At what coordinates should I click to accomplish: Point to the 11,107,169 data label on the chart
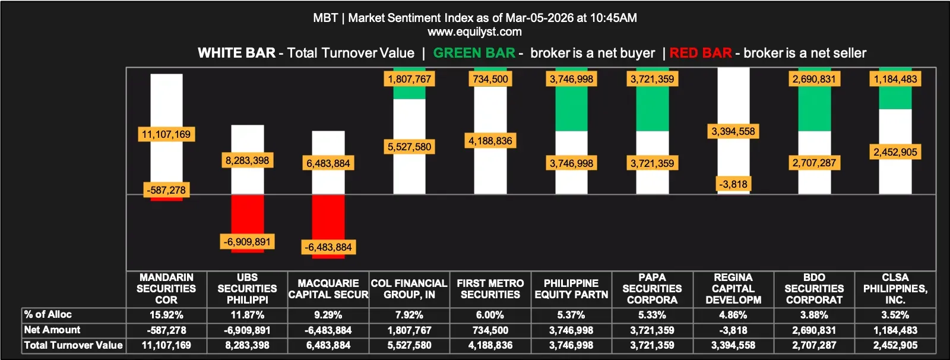(166, 134)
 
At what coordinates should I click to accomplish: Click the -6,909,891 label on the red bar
(247, 242)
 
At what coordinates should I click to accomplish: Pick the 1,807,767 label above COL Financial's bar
(410, 79)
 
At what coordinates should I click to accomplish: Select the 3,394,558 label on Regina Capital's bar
(733, 131)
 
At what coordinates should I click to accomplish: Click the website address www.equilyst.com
(474, 32)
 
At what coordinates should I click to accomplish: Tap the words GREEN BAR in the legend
(474, 53)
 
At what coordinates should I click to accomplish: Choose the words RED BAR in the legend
(701, 53)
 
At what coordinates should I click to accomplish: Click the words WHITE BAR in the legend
(236, 53)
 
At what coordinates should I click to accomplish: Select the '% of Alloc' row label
(48, 314)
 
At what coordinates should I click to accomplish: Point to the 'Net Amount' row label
(52, 330)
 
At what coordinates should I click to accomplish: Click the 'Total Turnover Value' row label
(73, 345)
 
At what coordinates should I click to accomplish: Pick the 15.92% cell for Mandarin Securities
(166, 315)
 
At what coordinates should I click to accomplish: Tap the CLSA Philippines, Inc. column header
(895, 289)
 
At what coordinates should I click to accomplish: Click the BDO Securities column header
(814, 289)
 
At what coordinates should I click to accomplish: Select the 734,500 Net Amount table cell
(490, 330)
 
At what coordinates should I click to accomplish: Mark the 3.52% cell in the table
(895, 315)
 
